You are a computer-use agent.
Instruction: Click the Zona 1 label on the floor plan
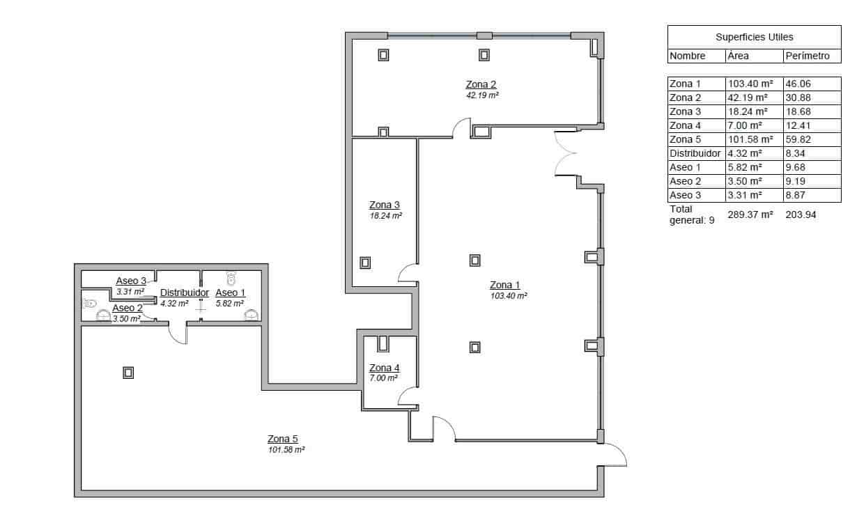pyautogui.click(x=504, y=285)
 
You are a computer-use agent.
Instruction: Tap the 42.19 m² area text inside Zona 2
pyautogui.click(x=482, y=95)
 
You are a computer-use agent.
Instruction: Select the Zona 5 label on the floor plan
pyautogui.click(x=283, y=439)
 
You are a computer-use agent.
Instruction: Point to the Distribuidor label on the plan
pyautogui.click(x=185, y=293)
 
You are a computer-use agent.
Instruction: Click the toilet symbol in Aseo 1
pyautogui.click(x=232, y=276)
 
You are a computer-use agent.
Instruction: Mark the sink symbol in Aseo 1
pyautogui.click(x=251, y=315)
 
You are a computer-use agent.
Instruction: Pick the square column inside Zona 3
pyautogui.click(x=364, y=263)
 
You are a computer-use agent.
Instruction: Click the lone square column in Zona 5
pyautogui.click(x=128, y=373)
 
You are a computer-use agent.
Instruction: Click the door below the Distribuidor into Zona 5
pyautogui.click(x=178, y=334)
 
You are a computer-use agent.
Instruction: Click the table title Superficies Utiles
pyautogui.click(x=754, y=37)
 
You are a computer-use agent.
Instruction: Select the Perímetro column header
pyautogui.click(x=807, y=56)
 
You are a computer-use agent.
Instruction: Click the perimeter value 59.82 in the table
pyautogui.click(x=798, y=139)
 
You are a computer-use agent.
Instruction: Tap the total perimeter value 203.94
pyautogui.click(x=801, y=215)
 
